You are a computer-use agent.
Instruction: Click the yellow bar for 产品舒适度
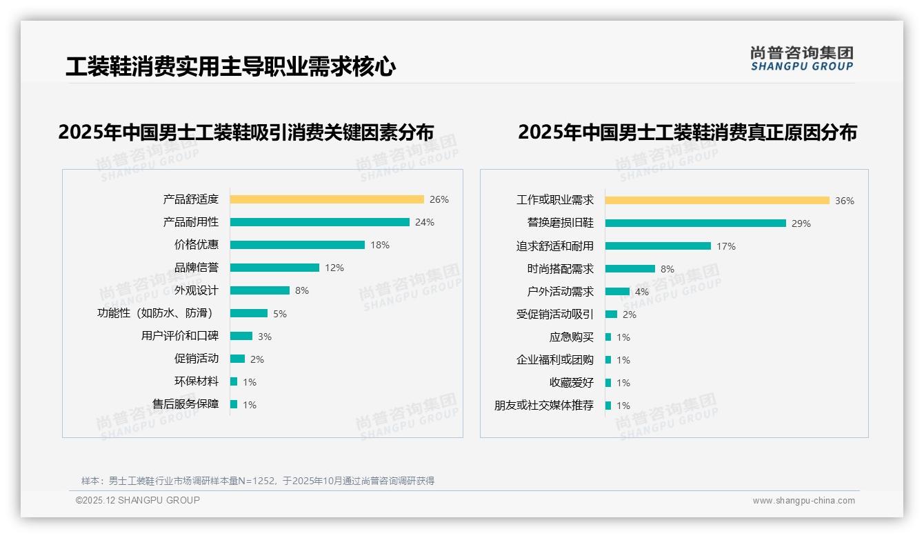point(327,199)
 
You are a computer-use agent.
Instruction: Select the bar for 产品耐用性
point(320,222)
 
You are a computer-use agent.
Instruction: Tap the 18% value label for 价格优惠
point(380,245)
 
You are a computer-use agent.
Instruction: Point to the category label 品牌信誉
point(197,268)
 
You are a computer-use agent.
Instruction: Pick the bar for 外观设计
point(260,290)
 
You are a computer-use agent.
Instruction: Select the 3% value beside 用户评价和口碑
point(265,337)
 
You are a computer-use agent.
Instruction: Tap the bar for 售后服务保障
point(234,404)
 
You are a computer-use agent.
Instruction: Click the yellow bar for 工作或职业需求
point(717,201)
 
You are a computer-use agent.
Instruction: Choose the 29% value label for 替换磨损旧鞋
point(801,223)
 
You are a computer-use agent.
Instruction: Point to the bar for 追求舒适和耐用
point(658,246)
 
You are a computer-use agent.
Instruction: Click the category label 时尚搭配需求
point(561,269)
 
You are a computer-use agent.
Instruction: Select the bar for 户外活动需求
point(617,292)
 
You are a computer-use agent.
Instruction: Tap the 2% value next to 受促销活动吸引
point(630,315)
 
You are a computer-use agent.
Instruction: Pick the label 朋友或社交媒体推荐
point(544,406)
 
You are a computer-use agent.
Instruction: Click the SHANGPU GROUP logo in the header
point(802,59)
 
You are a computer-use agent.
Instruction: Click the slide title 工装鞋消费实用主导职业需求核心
point(231,66)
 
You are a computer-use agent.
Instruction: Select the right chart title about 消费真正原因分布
point(687,132)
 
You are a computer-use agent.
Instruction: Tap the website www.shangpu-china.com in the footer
point(803,501)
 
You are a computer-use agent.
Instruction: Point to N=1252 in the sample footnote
point(257,481)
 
